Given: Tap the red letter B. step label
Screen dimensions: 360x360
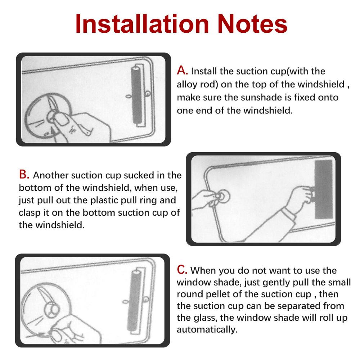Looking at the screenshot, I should (24, 175).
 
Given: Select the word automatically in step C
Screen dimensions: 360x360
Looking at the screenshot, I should (207, 329).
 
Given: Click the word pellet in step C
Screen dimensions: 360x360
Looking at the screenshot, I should (229, 294).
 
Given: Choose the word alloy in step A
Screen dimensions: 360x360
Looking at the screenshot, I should (186, 84).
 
